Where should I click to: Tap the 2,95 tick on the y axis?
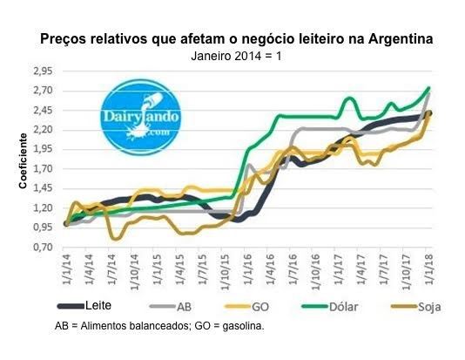point(43,71)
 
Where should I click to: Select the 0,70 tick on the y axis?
point(43,247)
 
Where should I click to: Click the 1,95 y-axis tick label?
point(43,149)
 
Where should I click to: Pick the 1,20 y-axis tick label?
point(43,207)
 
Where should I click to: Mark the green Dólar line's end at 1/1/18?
point(429,88)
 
